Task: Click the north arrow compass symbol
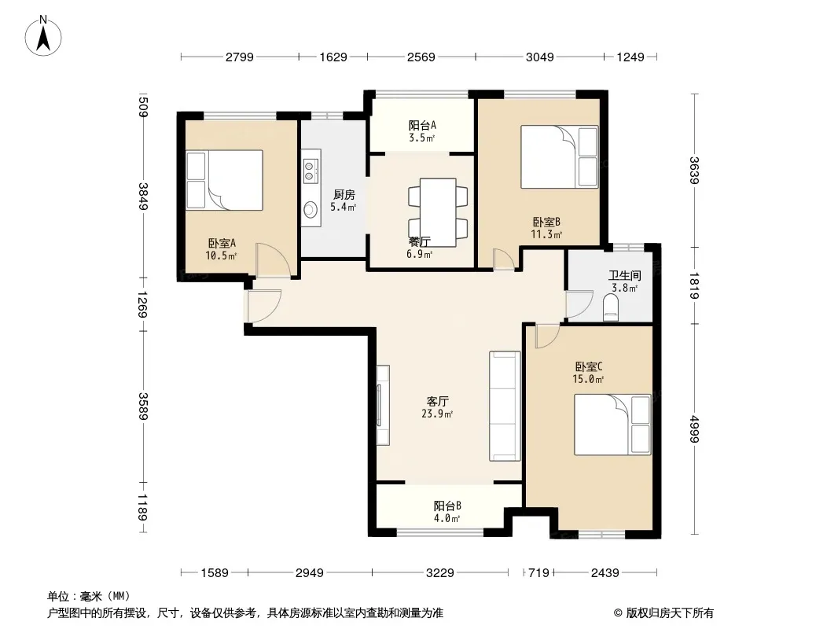[43, 36]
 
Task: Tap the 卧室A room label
[222, 244]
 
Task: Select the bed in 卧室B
[559, 156]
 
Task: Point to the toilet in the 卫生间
[610, 308]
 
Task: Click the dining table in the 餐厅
[438, 212]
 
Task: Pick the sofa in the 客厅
[505, 406]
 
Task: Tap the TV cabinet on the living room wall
[383, 405]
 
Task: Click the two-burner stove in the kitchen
[309, 171]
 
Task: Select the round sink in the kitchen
[310, 210]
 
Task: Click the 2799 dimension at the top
[240, 57]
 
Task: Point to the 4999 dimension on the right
[694, 429]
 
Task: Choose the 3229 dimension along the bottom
[440, 573]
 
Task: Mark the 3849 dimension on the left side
[143, 197]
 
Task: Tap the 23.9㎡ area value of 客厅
[437, 414]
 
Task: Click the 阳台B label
[447, 506]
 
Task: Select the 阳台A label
[422, 125]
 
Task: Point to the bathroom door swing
[579, 304]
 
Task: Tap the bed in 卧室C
[612, 425]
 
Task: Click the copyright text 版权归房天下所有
[670, 613]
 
